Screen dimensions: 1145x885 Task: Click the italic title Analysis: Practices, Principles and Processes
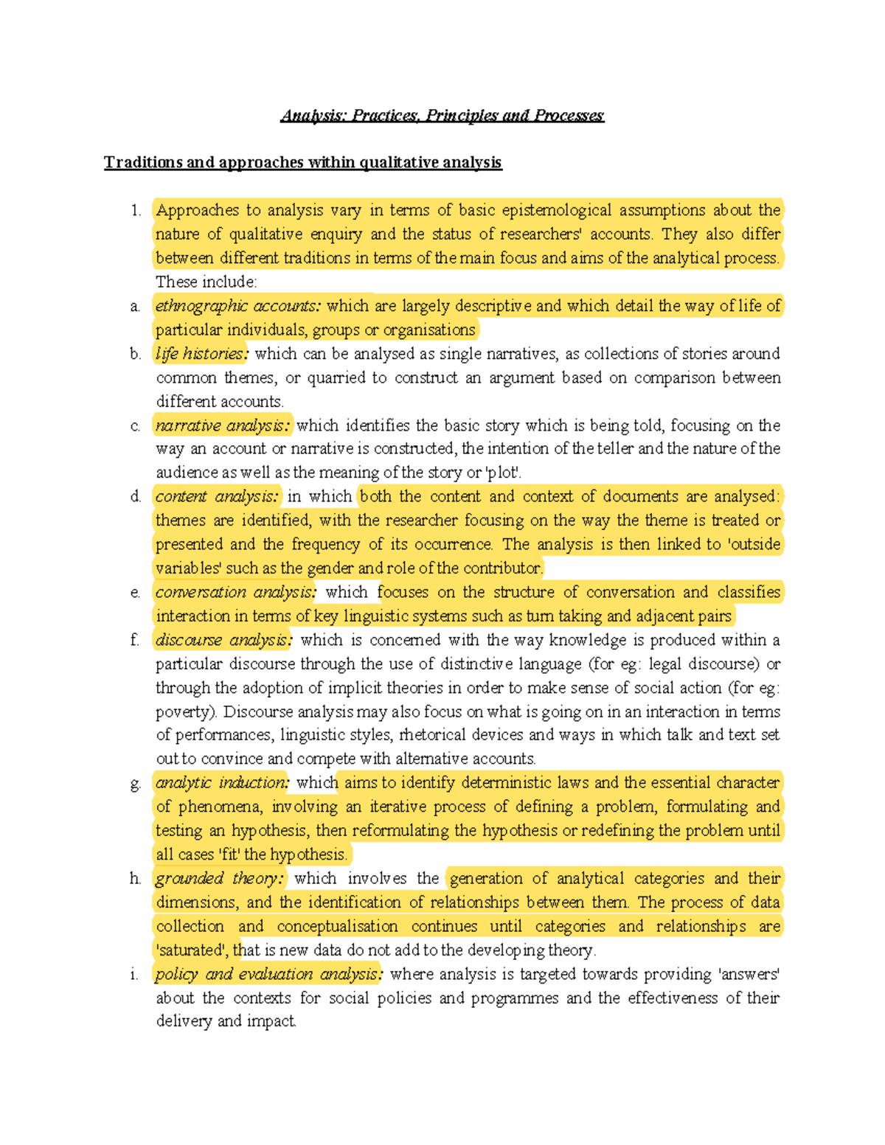442,116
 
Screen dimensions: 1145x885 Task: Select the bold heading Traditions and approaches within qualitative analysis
302,163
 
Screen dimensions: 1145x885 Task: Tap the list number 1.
136,211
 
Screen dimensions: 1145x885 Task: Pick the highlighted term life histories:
201,354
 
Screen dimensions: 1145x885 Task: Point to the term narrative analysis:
223,425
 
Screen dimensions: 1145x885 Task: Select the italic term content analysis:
217,497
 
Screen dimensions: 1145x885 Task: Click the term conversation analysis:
235,592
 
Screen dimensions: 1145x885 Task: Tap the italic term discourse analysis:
223,640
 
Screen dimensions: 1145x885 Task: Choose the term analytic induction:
222,783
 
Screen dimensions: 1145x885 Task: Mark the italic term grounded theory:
219,879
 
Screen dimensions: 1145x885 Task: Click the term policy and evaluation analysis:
268,975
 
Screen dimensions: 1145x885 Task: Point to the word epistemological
556,211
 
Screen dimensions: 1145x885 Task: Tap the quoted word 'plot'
504,473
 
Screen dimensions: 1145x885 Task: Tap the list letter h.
135,879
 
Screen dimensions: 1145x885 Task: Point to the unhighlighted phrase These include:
206,282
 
